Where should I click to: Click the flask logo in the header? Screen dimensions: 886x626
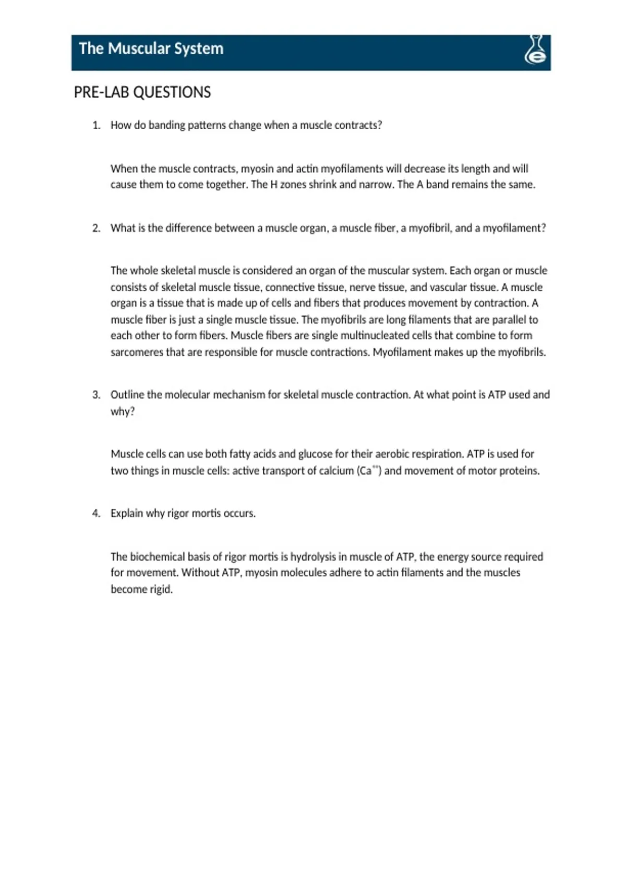[536, 51]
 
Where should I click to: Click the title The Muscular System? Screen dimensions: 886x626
[151, 49]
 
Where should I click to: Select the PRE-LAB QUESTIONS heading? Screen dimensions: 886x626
[142, 92]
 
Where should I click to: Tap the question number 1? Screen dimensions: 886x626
[96, 126]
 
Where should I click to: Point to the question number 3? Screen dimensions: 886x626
[96, 395]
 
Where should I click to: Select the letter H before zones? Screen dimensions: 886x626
[273, 184]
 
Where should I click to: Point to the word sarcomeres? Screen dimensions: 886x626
[137, 352]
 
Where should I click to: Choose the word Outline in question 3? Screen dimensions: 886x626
[127, 395]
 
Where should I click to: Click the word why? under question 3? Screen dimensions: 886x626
[123, 412]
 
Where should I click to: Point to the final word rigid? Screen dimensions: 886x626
[160, 589]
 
